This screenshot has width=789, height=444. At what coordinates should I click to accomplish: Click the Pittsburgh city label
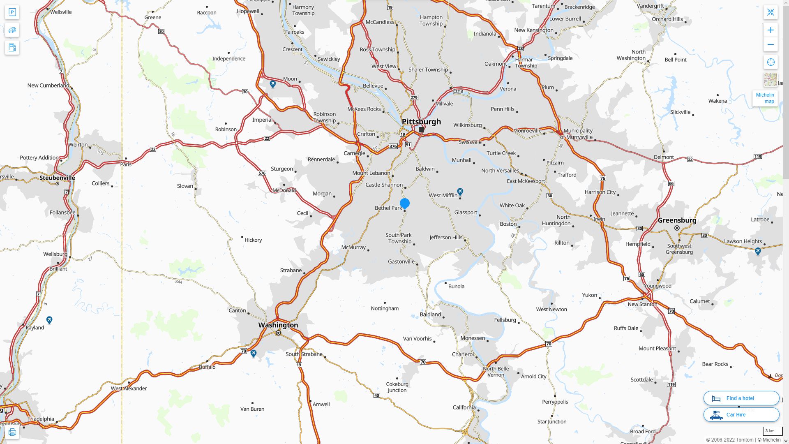pos(421,122)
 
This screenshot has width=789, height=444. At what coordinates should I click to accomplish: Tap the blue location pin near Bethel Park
pos(405,203)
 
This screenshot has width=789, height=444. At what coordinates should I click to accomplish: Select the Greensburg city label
pos(677,220)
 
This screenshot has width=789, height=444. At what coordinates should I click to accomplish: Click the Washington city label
pos(278,325)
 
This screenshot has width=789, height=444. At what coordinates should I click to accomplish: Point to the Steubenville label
pos(57,178)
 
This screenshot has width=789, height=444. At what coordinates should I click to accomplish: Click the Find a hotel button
pos(741,398)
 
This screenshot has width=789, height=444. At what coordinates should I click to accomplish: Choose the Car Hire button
pos(741,415)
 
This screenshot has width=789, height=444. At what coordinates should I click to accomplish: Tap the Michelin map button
pos(765,98)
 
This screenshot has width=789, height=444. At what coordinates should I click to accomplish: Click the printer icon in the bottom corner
pos(12,432)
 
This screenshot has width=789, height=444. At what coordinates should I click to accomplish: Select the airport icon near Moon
pos(272,84)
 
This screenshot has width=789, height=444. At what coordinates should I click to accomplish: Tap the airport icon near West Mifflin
pos(460,192)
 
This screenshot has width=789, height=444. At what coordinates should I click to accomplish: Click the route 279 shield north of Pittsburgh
pos(414,97)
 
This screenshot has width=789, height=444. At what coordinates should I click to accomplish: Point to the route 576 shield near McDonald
pos(262,173)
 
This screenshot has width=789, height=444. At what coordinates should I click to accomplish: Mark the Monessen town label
pos(473,338)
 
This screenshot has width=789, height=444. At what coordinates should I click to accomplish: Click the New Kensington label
pos(534,30)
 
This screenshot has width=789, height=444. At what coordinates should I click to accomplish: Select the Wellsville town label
pos(61,12)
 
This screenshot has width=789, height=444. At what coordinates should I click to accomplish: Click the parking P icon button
pos(12,12)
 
